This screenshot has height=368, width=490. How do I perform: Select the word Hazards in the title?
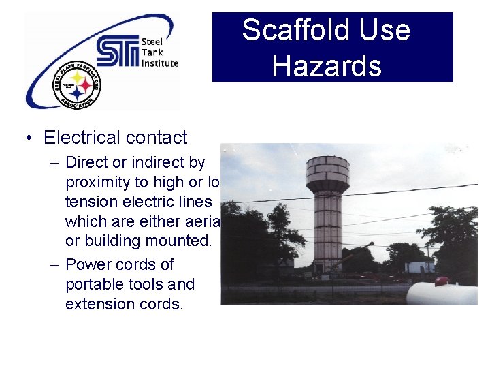click(x=327, y=66)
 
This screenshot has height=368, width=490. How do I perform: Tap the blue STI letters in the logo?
click(x=117, y=52)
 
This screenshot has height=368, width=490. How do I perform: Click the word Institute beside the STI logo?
click(x=160, y=63)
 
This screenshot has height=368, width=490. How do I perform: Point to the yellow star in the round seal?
click(x=79, y=78)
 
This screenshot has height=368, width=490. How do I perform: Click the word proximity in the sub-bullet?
click(x=95, y=182)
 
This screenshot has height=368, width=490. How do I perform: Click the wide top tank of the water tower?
click(x=327, y=174)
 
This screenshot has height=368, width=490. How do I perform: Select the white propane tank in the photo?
click(x=444, y=293)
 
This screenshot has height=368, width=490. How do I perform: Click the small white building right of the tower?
click(x=421, y=265)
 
